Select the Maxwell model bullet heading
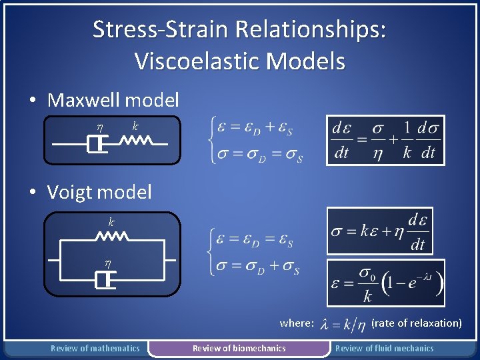tap(113, 101)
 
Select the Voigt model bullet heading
tap(99, 193)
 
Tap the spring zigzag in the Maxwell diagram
tap(137, 141)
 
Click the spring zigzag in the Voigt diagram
tap(112, 236)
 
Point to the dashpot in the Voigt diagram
tap(105, 281)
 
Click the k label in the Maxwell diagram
tap(135, 125)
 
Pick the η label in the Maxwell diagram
tap(99, 126)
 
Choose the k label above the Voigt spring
tap(111, 221)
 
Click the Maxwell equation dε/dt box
tap(385, 139)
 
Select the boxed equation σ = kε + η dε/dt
tap(379, 231)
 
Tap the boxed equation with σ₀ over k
tap(386, 283)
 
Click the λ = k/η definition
tap(343, 324)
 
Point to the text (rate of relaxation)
tap(416, 323)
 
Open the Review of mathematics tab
tap(95, 348)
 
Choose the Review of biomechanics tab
tap(239, 348)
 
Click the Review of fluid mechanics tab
tap(384, 348)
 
